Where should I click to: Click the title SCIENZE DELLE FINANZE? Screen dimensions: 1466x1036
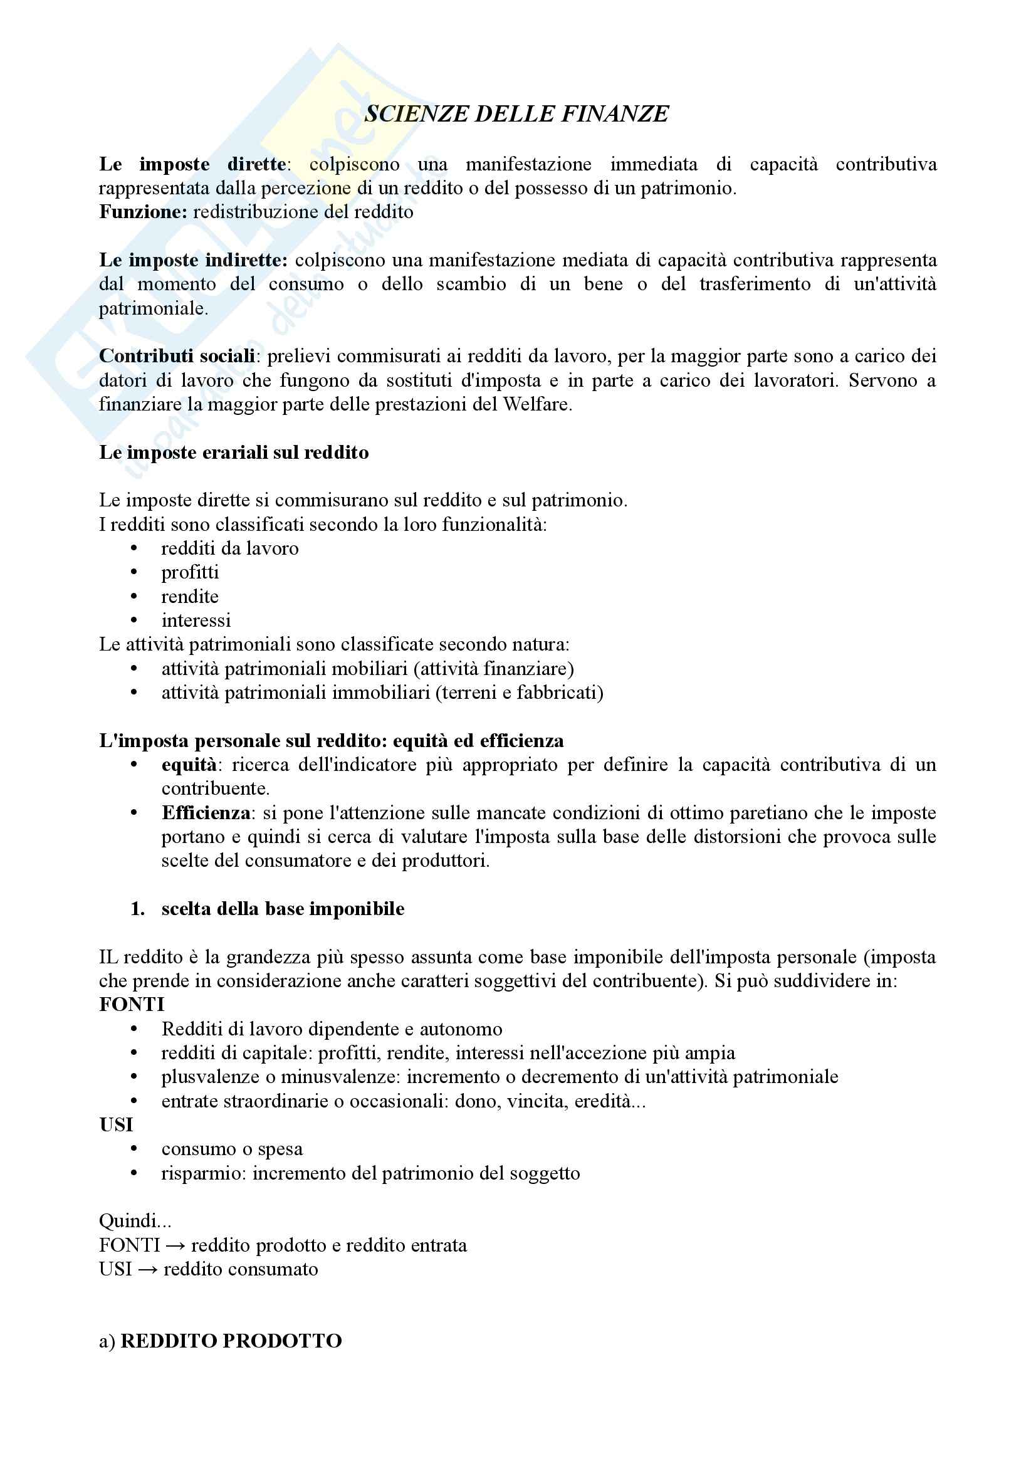pos(516,114)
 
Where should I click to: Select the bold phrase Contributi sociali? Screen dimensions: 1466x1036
pos(177,356)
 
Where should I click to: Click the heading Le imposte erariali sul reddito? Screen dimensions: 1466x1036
pos(234,453)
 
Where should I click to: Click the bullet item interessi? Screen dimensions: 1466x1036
pos(196,620)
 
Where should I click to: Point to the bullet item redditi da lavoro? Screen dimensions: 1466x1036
pos(230,548)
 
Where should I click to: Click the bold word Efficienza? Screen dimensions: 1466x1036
pos(206,813)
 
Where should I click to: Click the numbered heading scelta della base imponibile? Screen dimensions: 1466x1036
pos(283,909)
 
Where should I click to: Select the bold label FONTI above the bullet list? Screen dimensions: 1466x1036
pos(132,1005)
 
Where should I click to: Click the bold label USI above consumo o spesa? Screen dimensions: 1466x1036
pos(115,1125)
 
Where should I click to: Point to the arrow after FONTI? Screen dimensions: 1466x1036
pos(175,1246)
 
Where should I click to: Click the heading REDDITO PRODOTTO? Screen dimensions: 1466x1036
pos(231,1341)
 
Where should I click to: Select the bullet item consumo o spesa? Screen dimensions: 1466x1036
pos(232,1149)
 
